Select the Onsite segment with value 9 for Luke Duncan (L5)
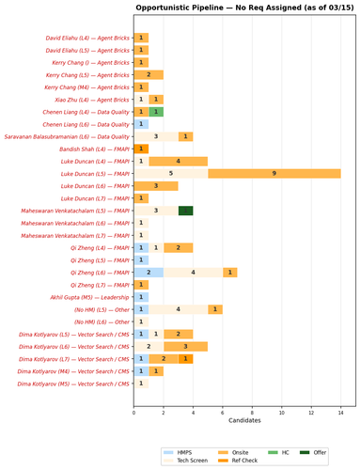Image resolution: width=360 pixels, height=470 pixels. tap(274, 173)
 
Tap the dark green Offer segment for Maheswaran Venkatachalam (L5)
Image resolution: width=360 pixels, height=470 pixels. tap(186, 211)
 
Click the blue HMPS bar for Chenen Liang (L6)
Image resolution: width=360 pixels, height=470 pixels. tap(141, 124)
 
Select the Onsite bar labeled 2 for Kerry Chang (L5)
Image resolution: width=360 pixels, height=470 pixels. tap(149, 74)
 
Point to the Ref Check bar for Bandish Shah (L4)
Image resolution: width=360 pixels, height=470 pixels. tap(141, 149)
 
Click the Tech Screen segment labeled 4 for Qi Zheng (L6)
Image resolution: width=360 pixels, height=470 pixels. tap(194, 272)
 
